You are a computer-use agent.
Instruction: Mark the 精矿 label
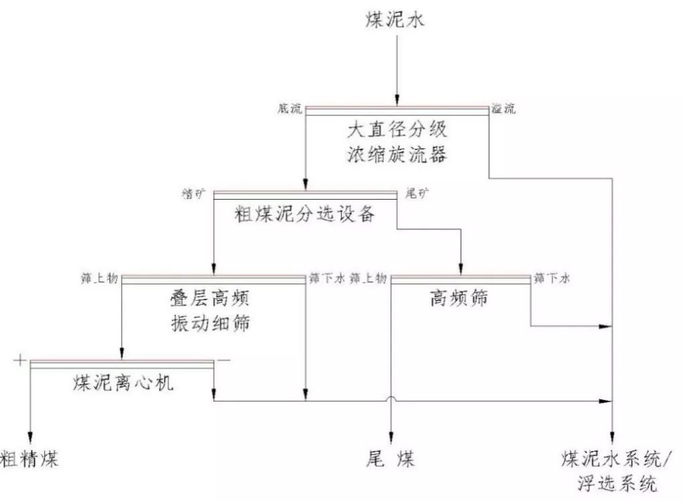pyautogui.click(x=194, y=194)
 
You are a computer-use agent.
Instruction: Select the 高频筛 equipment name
pyautogui.click(x=459, y=298)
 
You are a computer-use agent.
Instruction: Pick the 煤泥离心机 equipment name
pyautogui.click(x=122, y=383)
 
